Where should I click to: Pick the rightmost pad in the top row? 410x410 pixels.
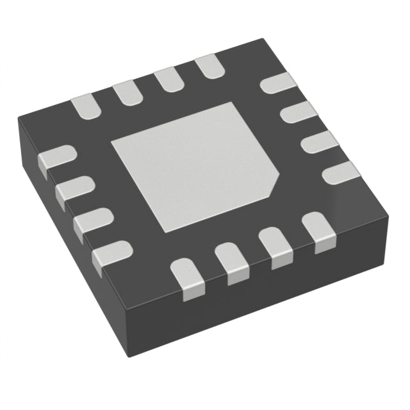(x=208, y=65)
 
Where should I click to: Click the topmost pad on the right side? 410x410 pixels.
(x=279, y=83)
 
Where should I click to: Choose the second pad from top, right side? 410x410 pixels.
(x=297, y=112)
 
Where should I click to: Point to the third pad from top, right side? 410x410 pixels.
(x=317, y=141)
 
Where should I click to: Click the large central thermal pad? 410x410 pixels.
(x=192, y=167)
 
